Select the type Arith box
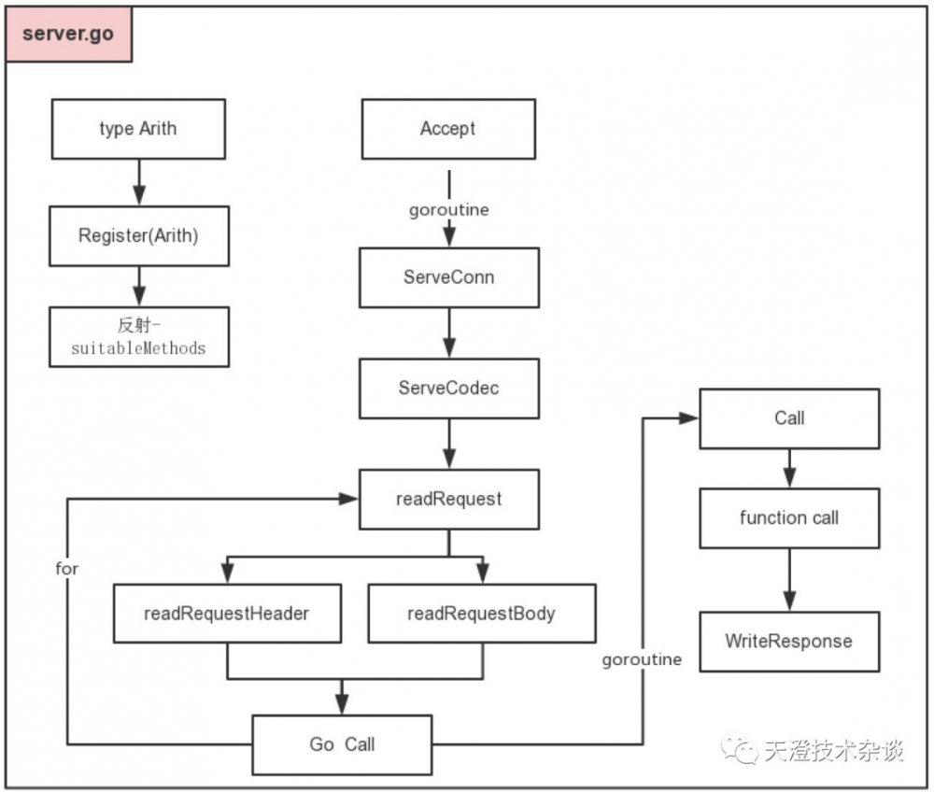coord(137,129)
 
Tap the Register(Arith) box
coord(138,235)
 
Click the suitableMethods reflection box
coord(138,336)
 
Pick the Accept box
coord(448,129)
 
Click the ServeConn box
coord(448,277)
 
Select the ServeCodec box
coord(448,388)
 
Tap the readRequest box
coord(448,499)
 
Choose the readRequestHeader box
coord(227,614)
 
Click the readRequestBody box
coord(481,614)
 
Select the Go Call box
coord(342,744)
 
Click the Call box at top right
coord(789,418)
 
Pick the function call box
coord(789,517)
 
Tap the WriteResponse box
coord(789,642)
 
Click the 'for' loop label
coord(67,568)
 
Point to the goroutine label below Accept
coord(448,210)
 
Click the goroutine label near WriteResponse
coord(642,659)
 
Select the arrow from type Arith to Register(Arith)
coord(138,182)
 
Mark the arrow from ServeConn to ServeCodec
coord(448,332)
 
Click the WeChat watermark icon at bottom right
coord(744,750)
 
